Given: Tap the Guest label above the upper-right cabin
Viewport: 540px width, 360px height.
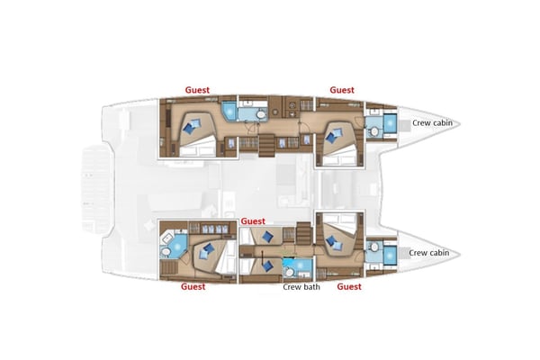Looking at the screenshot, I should tap(341, 90).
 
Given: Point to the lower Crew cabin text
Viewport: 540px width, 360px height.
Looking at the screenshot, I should tap(428, 253).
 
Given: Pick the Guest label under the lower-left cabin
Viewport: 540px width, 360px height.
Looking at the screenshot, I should tap(193, 287).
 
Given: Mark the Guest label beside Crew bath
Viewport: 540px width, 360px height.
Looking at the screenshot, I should tap(348, 287).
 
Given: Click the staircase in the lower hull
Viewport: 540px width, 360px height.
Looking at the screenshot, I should tap(303, 235).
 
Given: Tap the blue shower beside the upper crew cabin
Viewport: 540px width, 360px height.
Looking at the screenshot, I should tap(390, 125).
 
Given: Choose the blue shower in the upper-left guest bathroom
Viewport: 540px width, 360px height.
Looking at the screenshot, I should tap(229, 112).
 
